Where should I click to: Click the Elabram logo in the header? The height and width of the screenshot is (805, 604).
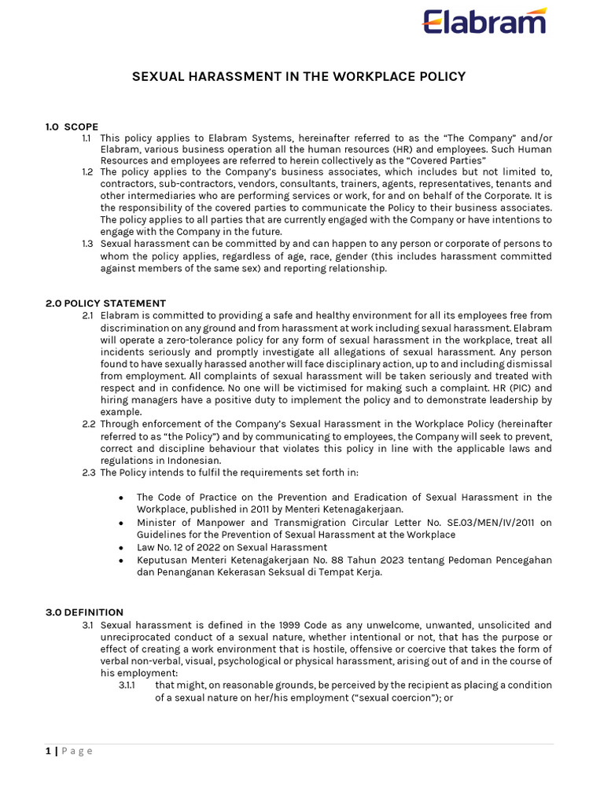point(484,21)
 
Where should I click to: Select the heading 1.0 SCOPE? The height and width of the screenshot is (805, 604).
point(72,126)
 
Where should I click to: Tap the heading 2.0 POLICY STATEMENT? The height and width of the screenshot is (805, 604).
point(105,303)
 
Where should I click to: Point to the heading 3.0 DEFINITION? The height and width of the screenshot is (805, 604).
point(84,612)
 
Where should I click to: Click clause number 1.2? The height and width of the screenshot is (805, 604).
point(87,172)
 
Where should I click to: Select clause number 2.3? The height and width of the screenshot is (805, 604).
point(88,472)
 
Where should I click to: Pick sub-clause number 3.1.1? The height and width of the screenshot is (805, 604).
point(127,685)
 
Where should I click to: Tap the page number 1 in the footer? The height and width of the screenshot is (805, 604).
point(48,751)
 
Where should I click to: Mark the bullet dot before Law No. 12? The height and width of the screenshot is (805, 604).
point(120,547)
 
